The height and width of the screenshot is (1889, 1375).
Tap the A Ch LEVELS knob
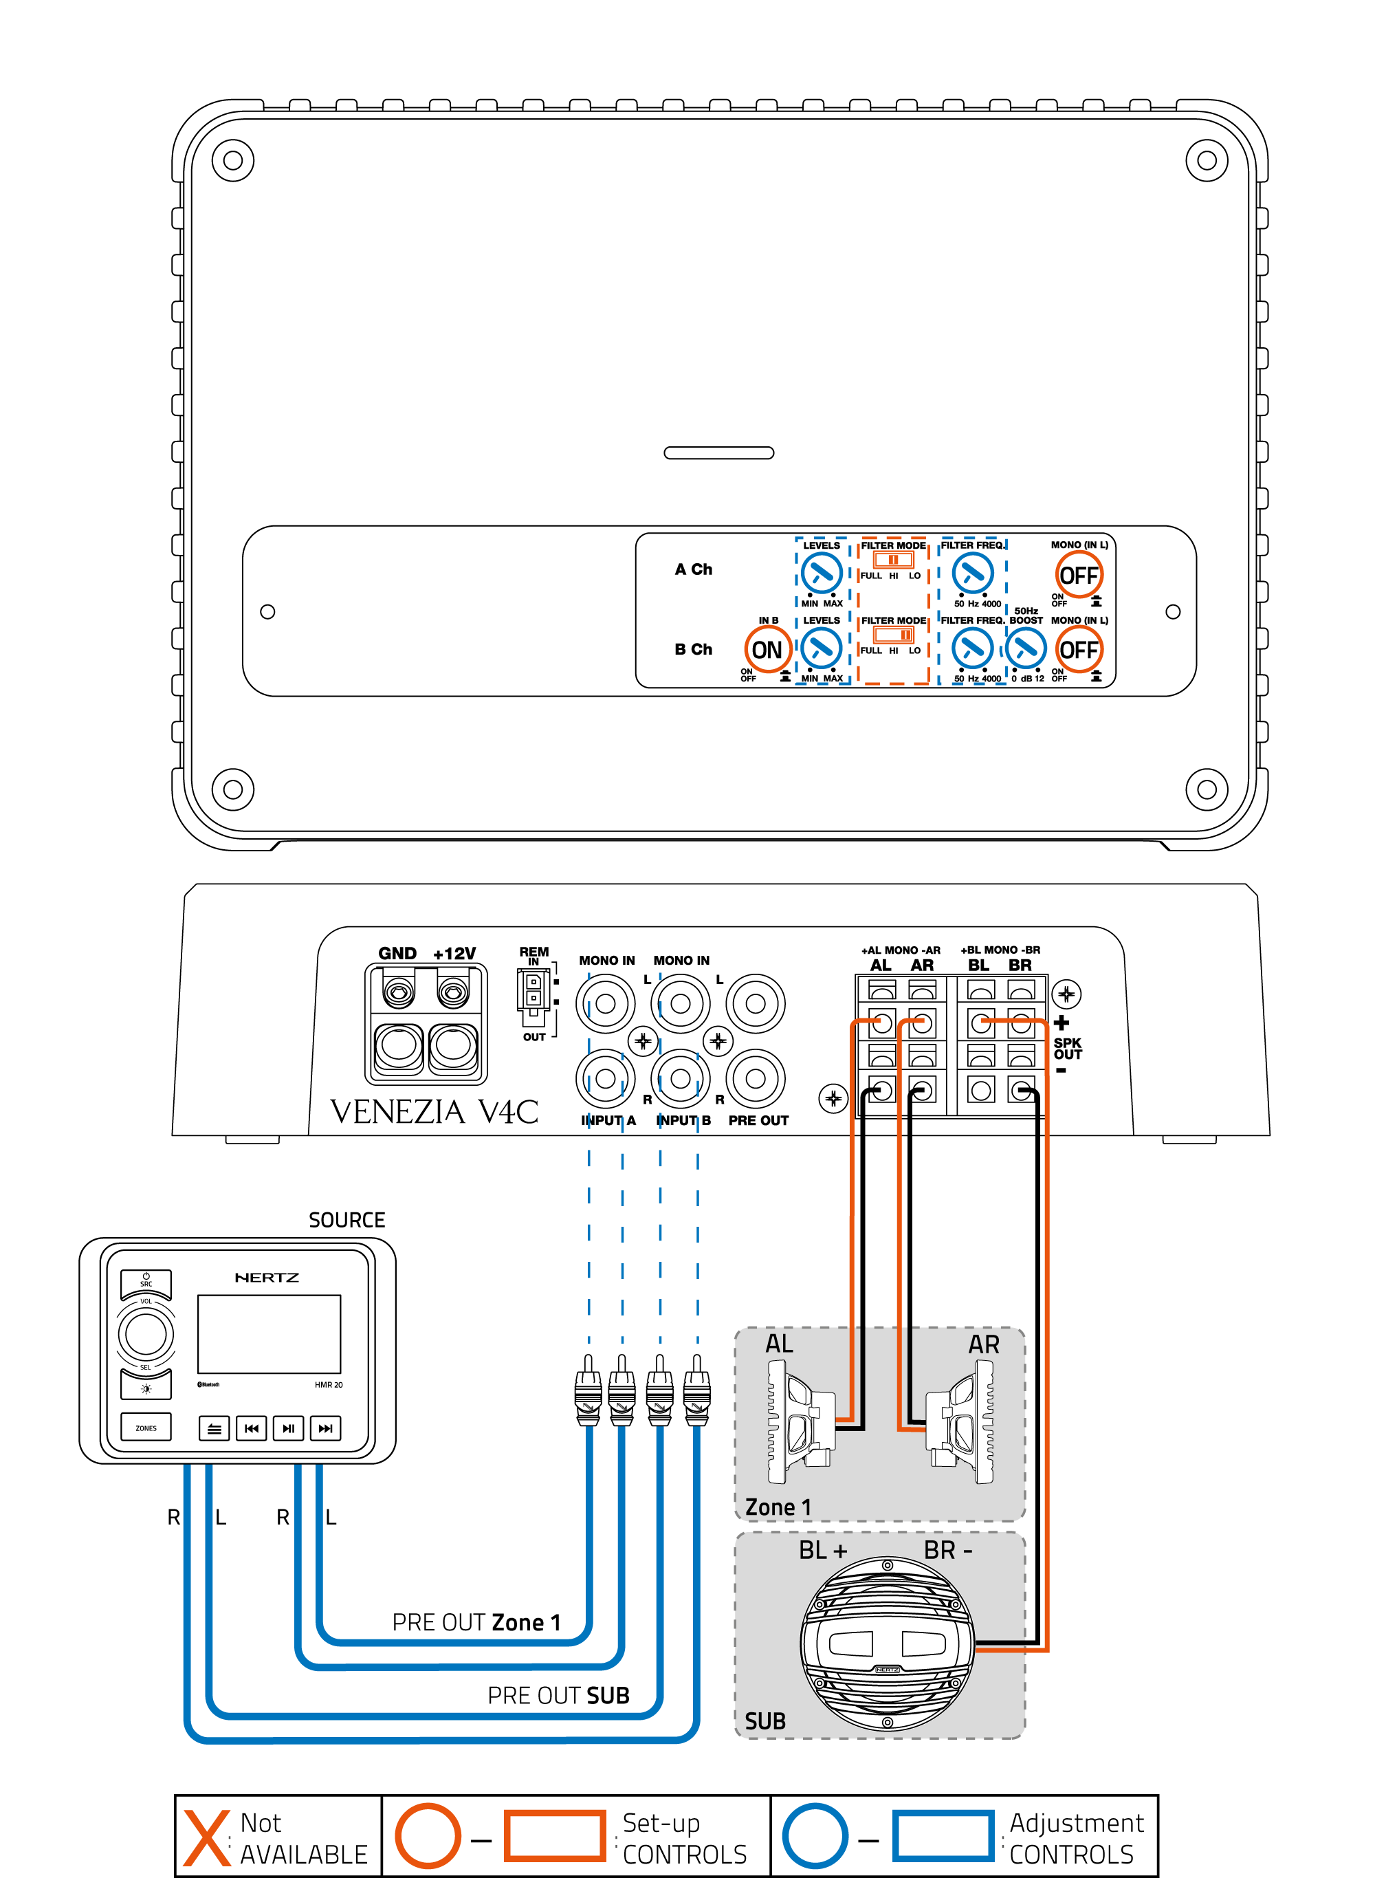click(821, 573)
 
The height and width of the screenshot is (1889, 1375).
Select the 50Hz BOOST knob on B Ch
click(1025, 648)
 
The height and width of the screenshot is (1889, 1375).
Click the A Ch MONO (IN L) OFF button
click(1079, 575)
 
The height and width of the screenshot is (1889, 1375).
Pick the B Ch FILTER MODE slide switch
click(893, 635)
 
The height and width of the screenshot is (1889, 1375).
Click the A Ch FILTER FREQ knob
click(972, 573)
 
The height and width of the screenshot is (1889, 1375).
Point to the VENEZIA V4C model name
click(434, 1112)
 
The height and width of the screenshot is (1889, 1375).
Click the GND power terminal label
click(397, 953)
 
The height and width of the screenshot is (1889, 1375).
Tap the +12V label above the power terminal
click(454, 953)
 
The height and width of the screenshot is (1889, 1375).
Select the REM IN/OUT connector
click(533, 993)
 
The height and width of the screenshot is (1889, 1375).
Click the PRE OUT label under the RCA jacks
click(758, 1120)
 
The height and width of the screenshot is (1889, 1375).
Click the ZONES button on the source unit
click(146, 1428)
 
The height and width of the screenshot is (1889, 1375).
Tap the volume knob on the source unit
click(146, 1334)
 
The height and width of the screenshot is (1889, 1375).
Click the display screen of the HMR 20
click(269, 1333)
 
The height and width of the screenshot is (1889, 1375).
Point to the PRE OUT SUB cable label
click(558, 1696)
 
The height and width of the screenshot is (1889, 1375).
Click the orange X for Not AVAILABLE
click(206, 1837)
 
